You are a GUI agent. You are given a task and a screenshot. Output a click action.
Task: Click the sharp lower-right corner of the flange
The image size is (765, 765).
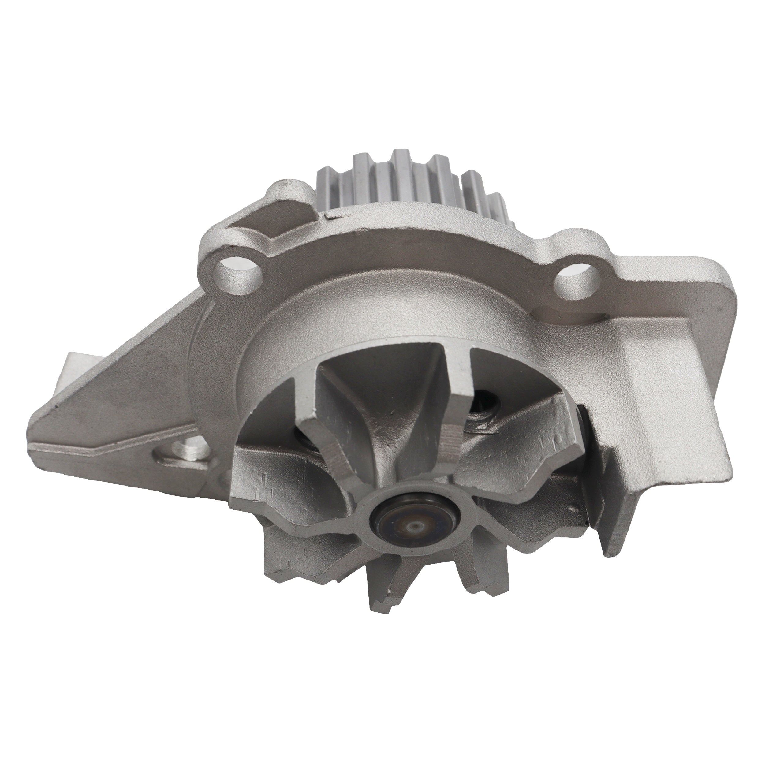pos(610,554)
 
